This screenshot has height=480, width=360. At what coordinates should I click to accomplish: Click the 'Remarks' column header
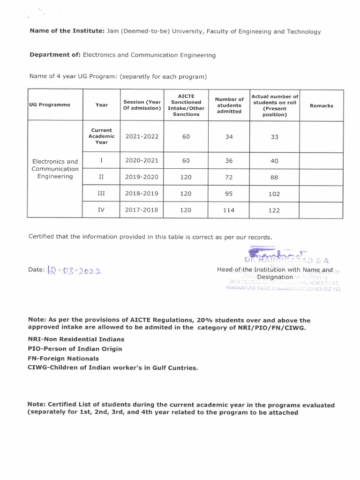(x=321, y=105)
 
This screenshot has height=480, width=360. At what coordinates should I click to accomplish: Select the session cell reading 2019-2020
(x=142, y=177)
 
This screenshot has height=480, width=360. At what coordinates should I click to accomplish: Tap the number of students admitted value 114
(x=229, y=210)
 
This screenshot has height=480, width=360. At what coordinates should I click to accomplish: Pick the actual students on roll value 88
(x=274, y=177)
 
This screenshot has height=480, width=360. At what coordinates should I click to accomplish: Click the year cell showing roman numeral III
(x=101, y=193)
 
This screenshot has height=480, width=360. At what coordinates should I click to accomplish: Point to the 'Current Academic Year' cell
(x=101, y=136)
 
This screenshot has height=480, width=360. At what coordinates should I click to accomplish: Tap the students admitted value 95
(x=229, y=194)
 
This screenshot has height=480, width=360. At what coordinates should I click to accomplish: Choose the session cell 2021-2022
(x=142, y=136)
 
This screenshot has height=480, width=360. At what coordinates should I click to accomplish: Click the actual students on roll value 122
(x=274, y=210)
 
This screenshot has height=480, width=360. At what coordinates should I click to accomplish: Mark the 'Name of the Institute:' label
(x=67, y=31)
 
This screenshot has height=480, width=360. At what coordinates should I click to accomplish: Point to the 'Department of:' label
(x=55, y=55)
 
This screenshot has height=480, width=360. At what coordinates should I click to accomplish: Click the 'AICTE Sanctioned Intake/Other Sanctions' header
(x=186, y=105)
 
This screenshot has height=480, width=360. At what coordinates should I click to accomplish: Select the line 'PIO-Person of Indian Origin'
(x=75, y=349)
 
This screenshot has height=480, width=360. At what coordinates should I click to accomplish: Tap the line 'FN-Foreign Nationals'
(x=63, y=358)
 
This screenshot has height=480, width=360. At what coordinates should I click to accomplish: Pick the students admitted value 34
(x=229, y=137)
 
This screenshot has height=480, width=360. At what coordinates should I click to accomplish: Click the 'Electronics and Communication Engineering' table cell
(x=55, y=169)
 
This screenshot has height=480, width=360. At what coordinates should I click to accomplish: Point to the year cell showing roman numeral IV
(x=101, y=210)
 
